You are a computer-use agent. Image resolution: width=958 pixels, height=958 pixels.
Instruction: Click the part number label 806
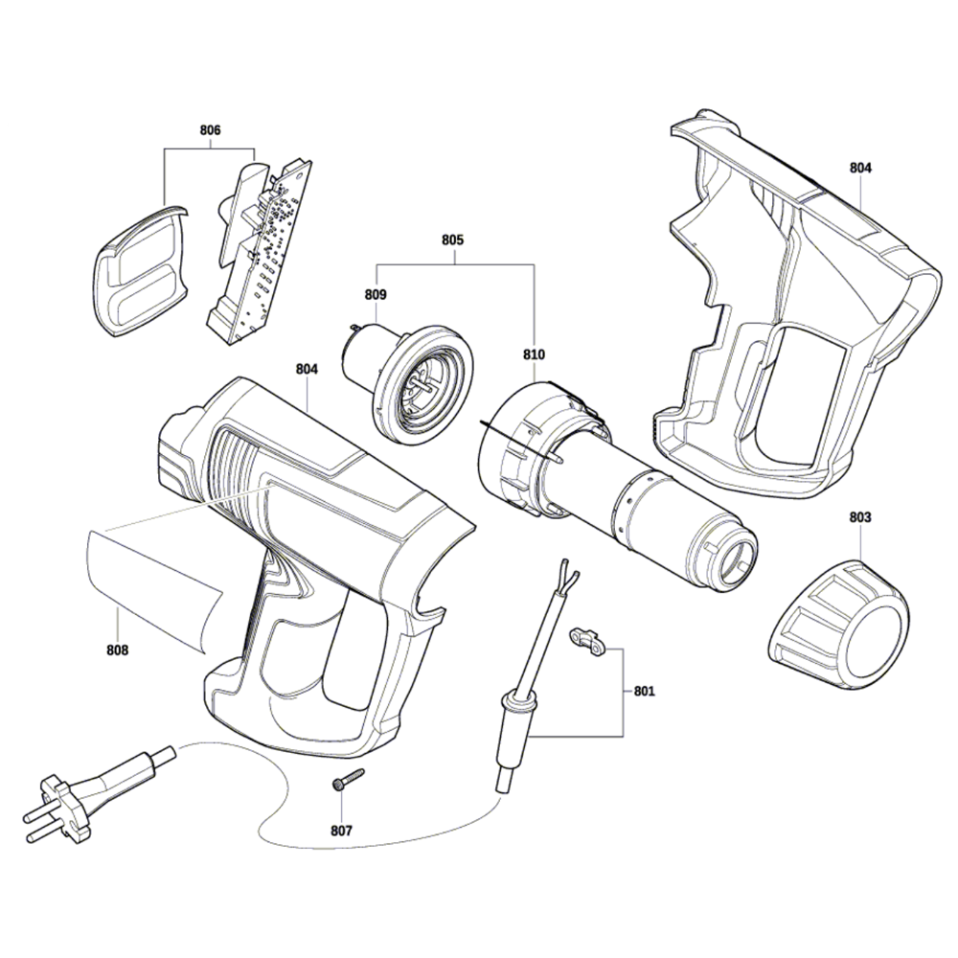(x=210, y=129)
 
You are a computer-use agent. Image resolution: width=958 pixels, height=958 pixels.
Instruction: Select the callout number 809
(x=376, y=295)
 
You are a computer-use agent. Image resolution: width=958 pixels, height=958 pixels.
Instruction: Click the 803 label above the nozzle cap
(x=860, y=517)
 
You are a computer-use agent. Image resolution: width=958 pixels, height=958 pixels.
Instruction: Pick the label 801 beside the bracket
(x=644, y=690)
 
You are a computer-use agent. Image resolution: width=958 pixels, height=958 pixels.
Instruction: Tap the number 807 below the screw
(x=340, y=831)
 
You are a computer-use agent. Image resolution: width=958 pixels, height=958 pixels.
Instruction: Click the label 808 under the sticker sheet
(x=117, y=650)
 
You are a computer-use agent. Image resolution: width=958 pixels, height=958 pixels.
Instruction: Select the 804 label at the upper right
(x=860, y=168)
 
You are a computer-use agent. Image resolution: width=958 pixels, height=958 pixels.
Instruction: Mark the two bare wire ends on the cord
(x=566, y=574)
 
